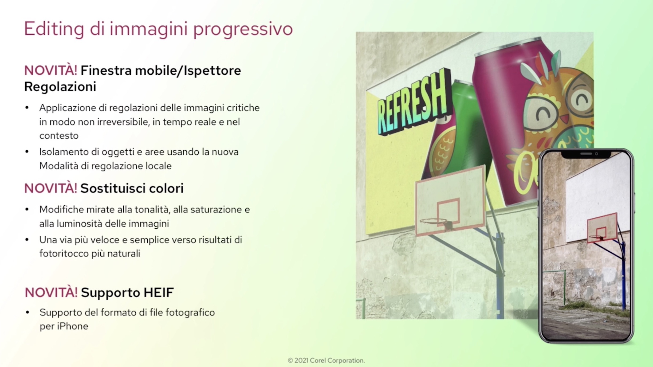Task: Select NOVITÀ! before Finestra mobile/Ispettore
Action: [x=51, y=70]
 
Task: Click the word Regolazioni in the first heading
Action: [x=60, y=87]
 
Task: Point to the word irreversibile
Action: [x=123, y=122]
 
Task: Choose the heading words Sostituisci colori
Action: [x=132, y=188]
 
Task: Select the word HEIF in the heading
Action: [x=159, y=292]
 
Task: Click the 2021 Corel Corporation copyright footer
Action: [x=326, y=361]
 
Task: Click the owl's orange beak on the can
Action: [x=564, y=119]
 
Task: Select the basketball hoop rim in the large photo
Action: [x=434, y=221]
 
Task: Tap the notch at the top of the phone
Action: [x=586, y=154]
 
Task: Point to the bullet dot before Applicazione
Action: [x=27, y=108]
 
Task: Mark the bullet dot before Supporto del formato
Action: [x=27, y=313]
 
